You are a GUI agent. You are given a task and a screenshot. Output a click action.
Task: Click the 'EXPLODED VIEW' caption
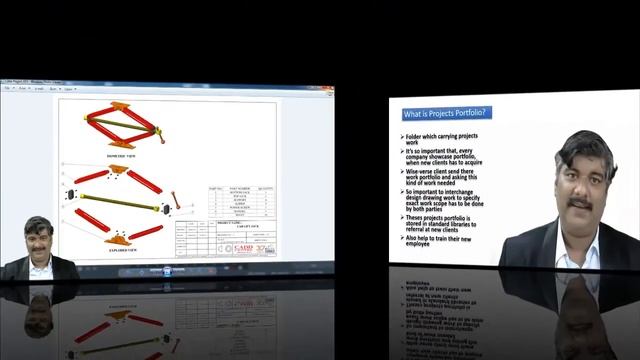125,251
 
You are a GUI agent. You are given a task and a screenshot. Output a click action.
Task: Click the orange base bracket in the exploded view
119,239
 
